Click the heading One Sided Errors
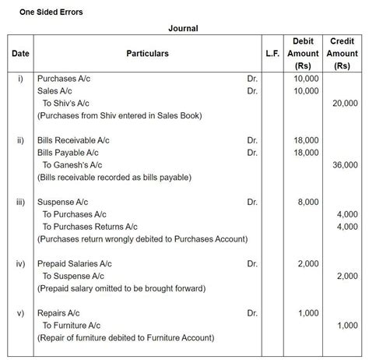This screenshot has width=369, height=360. tap(51, 12)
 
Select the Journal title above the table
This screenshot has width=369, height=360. tap(183, 29)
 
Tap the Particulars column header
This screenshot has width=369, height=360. tap(147, 54)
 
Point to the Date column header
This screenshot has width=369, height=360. tap(19, 54)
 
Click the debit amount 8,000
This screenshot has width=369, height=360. tap(307, 202)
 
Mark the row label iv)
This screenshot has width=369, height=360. tap(21, 264)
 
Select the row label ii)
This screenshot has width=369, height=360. tap(20, 140)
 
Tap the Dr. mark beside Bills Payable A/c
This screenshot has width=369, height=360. tap(252, 153)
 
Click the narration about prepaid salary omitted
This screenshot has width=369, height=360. tap(121, 288)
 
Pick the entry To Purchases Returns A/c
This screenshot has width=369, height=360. tap(90, 226)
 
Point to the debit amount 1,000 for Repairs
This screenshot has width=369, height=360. tap(307, 313)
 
